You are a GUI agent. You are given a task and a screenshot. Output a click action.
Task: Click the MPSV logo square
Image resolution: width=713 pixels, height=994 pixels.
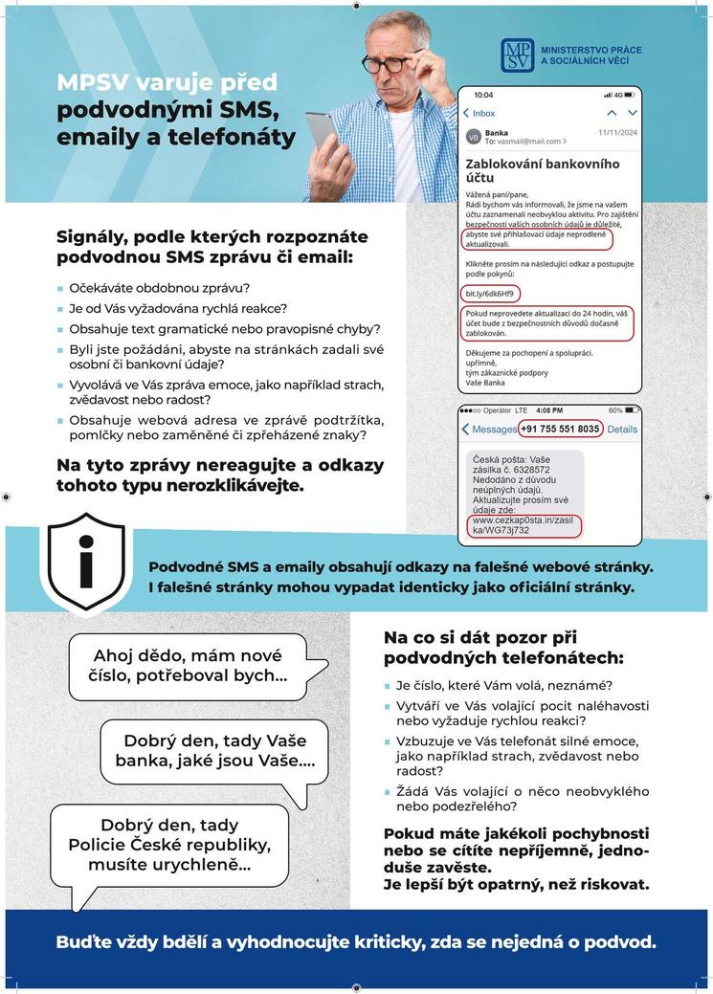pos(519,56)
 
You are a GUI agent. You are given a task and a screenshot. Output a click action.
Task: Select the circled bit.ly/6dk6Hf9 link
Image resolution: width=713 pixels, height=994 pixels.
pos(489,293)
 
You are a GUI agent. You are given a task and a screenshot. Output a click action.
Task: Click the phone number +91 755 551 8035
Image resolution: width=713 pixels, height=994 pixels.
pos(561,429)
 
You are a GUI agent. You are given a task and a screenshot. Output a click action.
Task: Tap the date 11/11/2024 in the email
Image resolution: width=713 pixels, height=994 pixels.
pos(618,133)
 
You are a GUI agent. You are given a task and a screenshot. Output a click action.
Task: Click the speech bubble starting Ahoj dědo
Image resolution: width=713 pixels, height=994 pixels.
pos(188,666)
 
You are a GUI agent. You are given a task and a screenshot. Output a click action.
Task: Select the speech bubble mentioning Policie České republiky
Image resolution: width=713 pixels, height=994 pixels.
pos(169,845)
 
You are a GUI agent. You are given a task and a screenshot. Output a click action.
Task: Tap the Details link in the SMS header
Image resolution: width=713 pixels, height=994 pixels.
pos(622,430)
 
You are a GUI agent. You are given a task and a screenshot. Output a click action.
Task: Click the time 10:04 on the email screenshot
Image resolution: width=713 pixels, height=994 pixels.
pos(484,95)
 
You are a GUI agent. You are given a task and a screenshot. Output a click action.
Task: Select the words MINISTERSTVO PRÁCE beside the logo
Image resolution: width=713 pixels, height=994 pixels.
pos(591,50)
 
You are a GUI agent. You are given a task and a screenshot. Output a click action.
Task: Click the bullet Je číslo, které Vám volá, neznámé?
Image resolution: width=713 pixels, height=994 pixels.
pos(504,685)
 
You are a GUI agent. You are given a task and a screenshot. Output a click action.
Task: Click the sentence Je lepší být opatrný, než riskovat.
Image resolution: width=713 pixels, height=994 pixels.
pos(516,884)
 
